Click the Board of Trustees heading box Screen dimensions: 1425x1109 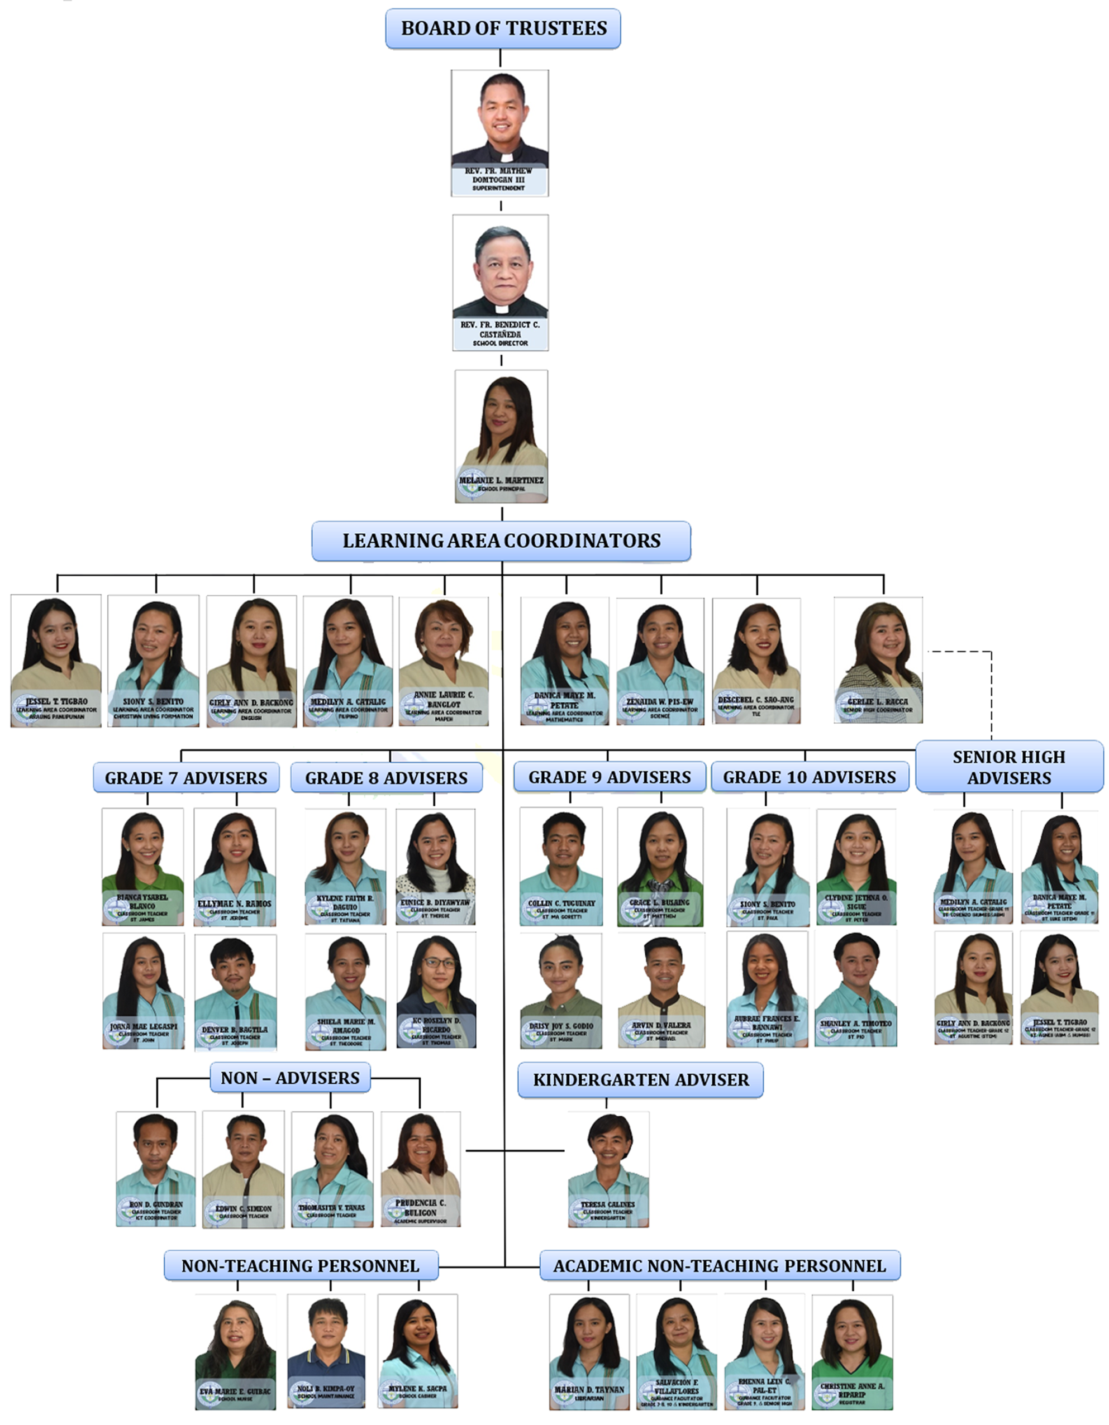coord(503,28)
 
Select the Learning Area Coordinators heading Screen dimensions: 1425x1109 coord(501,541)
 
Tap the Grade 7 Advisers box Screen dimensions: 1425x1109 coord(186,778)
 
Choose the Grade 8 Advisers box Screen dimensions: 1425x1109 coord(387,778)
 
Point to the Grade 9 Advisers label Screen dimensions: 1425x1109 coord(610,777)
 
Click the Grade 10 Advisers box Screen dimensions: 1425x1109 coord(810,777)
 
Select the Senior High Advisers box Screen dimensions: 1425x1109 coord(1009,767)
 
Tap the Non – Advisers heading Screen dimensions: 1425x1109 coord(290,1078)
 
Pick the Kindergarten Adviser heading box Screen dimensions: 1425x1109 coord(640,1080)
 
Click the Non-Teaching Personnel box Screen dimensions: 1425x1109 coord(300,1266)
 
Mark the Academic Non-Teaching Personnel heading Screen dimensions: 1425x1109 coord(720,1266)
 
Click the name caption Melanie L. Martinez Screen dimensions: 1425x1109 coord(501,480)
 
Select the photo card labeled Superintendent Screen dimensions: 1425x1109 coord(500,133)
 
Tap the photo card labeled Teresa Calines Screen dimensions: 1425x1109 coord(608,1169)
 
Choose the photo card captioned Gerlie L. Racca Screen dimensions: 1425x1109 coord(878,659)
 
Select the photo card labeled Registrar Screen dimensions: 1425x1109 coord(852,1352)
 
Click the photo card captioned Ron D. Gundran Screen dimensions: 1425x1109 coord(155,1169)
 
